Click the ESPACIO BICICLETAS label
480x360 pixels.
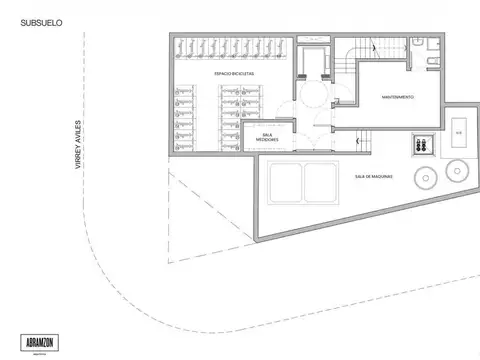tap(234, 74)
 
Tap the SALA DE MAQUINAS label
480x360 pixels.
tap(373, 177)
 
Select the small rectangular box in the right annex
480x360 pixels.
tap(459, 132)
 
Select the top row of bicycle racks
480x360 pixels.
tap(231, 46)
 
